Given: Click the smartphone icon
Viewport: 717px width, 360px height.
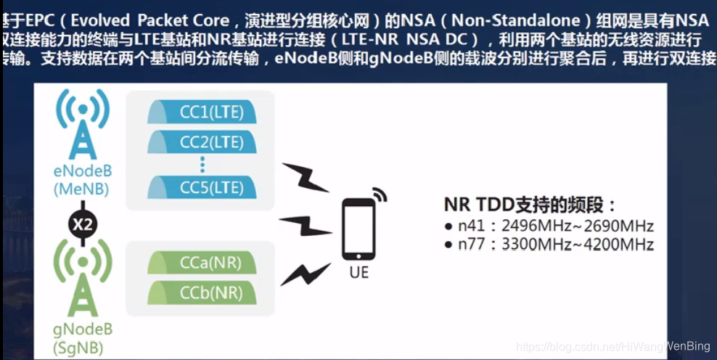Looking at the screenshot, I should click(359, 229).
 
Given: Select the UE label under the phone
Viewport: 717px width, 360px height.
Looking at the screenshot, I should click(358, 273).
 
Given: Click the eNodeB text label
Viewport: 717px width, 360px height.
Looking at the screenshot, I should click(83, 173).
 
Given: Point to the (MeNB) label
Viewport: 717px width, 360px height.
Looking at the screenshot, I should click(83, 189).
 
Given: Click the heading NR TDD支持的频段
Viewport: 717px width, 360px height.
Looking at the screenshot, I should click(532, 204).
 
